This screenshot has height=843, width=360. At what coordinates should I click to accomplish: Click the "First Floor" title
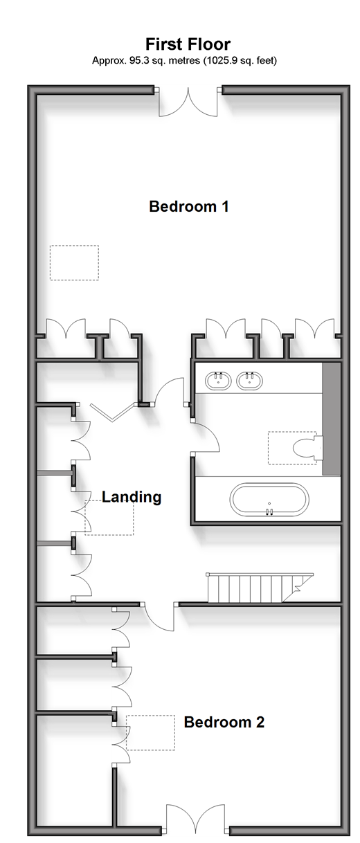click(x=188, y=44)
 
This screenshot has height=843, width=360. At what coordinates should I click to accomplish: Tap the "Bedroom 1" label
click(x=189, y=206)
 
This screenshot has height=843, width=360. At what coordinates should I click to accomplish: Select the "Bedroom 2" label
click(x=224, y=722)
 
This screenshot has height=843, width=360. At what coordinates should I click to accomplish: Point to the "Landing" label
click(x=132, y=497)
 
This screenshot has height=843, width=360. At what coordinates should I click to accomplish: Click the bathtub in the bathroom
click(x=269, y=500)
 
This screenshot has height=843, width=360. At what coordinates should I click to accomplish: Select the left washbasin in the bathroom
click(x=218, y=381)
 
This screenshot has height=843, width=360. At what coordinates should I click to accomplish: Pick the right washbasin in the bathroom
click(x=249, y=381)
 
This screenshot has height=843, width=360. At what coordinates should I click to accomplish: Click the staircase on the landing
click(x=260, y=588)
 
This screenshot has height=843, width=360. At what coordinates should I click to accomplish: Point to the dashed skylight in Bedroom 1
click(x=75, y=263)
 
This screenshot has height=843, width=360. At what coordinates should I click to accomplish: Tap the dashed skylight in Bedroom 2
click(x=151, y=733)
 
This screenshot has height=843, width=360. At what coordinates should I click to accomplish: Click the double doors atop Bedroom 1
click(x=188, y=102)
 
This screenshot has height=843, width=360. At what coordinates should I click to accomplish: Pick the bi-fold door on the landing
click(x=112, y=413)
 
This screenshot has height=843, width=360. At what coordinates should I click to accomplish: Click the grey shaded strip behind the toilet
click(x=332, y=419)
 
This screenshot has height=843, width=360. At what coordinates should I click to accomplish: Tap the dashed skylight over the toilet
click(x=292, y=448)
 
